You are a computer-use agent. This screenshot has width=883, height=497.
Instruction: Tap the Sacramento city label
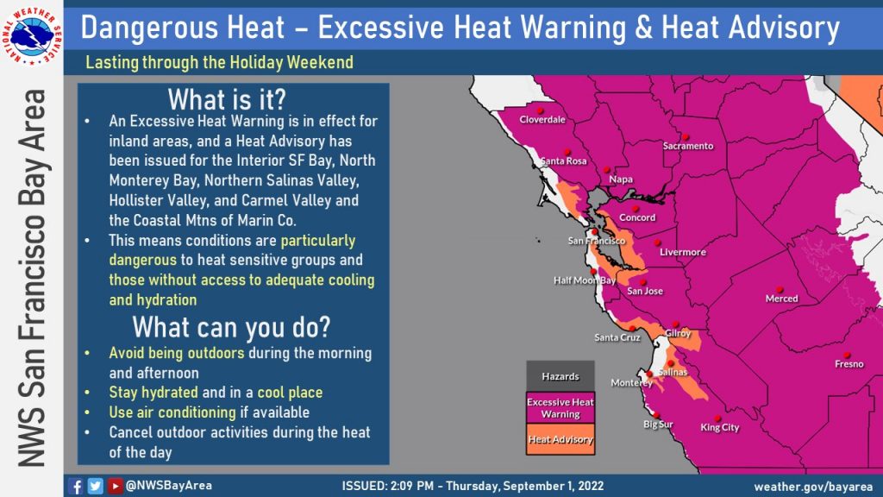[x=687, y=146]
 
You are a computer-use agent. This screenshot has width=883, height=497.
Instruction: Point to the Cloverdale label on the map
[x=542, y=120]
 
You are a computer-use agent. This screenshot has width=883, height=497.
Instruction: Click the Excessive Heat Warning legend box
[x=560, y=407]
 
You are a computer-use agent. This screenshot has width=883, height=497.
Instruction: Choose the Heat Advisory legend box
[x=560, y=439]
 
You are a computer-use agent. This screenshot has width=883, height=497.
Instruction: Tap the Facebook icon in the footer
[x=77, y=486]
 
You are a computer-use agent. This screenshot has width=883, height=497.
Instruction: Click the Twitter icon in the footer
[x=96, y=486]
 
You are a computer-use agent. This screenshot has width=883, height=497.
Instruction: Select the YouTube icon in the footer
[x=115, y=486]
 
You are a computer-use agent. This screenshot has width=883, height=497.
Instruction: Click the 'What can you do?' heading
[x=232, y=328]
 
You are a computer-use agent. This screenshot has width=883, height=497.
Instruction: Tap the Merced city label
[x=781, y=299]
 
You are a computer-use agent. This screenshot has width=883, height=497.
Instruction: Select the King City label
[x=719, y=427]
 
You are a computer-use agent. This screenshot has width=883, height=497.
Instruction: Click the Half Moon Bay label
[x=584, y=280]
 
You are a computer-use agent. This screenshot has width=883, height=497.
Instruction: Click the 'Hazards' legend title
[x=560, y=376]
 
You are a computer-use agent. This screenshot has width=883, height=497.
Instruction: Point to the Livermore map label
[x=682, y=252]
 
